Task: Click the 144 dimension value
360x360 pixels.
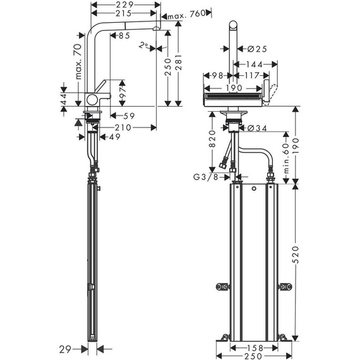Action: click(256, 64)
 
